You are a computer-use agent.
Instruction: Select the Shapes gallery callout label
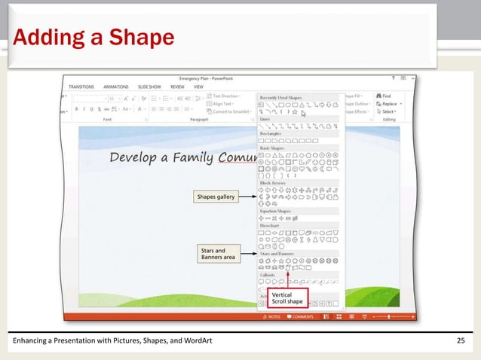click(x=216, y=197)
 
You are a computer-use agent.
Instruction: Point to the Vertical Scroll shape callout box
click(x=287, y=297)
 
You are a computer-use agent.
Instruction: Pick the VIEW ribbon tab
click(x=199, y=87)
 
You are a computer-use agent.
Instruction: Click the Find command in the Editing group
click(x=386, y=96)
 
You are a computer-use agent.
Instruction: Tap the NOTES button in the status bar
click(x=272, y=317)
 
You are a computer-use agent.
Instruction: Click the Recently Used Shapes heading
click(x=281, y=97)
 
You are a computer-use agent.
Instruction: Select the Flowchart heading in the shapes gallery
click(x=269, y=224)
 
